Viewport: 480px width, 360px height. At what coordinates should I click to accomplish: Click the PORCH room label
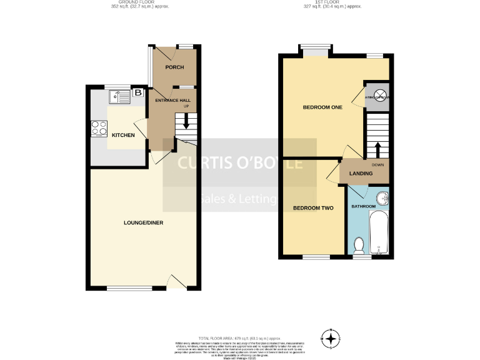173,67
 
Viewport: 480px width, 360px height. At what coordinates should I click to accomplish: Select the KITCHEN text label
123,134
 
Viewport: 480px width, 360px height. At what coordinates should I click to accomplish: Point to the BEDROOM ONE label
322,107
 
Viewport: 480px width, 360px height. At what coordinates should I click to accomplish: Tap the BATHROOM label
363,206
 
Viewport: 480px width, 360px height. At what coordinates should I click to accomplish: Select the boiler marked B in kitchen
137,94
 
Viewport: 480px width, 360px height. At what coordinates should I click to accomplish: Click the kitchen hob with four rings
99,127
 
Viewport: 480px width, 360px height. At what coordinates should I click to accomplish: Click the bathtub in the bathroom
379,232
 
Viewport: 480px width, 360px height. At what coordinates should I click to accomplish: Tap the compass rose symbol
331,337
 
